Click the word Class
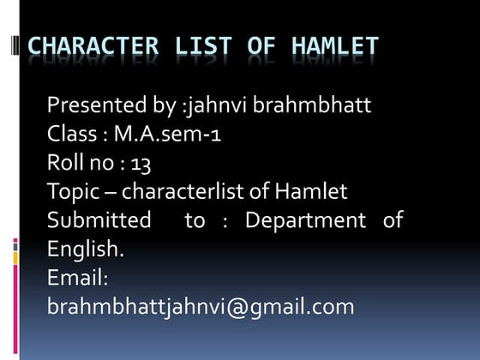point(70,135)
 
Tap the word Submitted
point(99,220)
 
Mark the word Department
point(305,220)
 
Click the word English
point(85,249)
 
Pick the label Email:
point(78,278)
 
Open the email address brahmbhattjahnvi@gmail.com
point(201,306)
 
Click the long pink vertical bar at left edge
point(15,296)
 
